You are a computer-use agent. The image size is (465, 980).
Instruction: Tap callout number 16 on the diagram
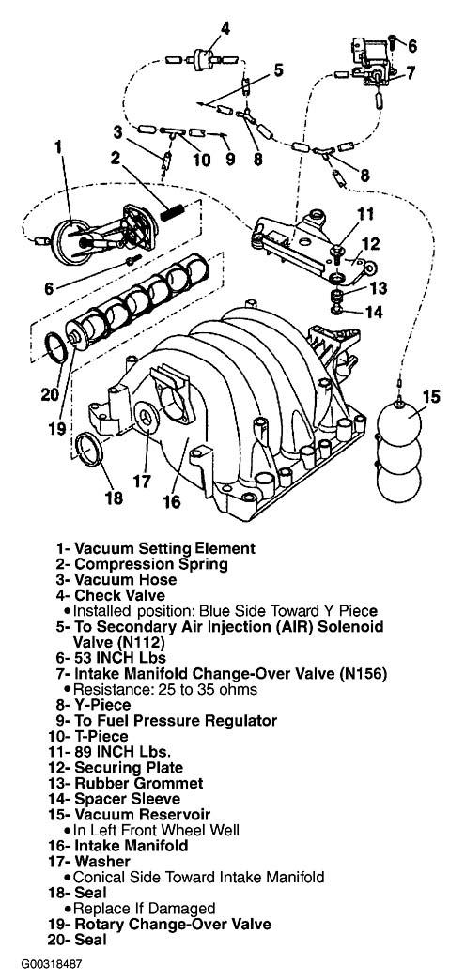(171, 501)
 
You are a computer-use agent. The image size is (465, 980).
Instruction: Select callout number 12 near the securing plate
(370, 243)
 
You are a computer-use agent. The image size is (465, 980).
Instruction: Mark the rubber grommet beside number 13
(336, 293)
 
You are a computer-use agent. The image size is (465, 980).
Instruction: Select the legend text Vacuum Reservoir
(142, 815)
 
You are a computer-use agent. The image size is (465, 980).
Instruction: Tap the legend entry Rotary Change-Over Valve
(173, 924)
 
